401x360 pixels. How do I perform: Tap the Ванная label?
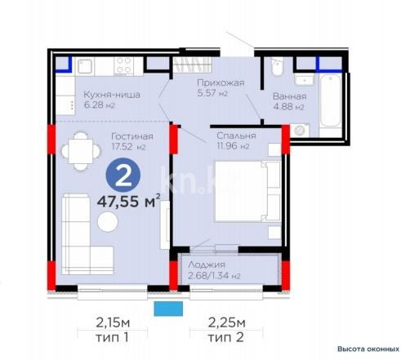(290, 96)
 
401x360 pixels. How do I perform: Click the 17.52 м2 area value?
(129, 148)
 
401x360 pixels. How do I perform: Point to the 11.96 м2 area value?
(235, 146)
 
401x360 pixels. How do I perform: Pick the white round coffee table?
(107, 222)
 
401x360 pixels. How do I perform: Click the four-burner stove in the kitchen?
(125, 64)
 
